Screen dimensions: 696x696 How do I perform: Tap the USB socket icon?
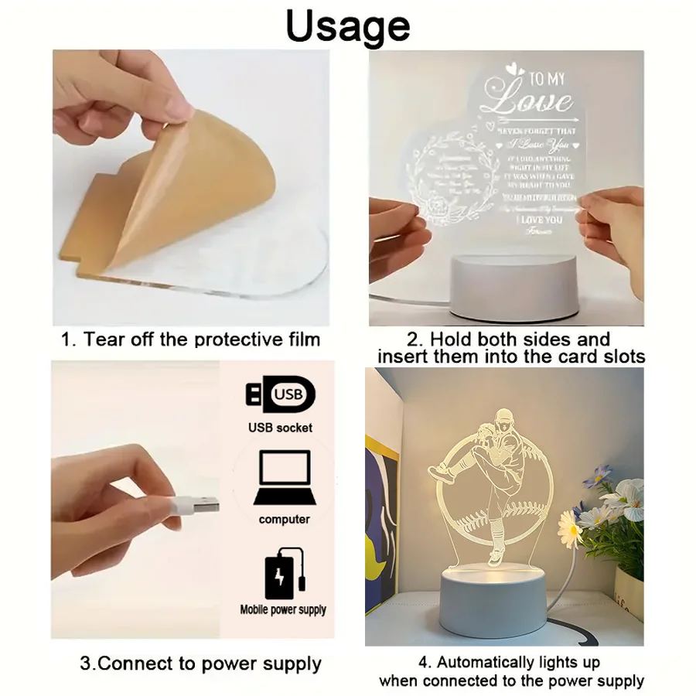pyautogui.click(x=280, y=394)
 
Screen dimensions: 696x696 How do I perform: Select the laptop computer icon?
pyautogui.click(x=284, y=477)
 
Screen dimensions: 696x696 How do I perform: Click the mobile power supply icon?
pyautogui.click(x=285, y=573)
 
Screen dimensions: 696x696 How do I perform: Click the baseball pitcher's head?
pyautogui.click(x=503, y=420)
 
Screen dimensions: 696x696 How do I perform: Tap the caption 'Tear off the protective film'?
pyautogui.click(x=191, y=339)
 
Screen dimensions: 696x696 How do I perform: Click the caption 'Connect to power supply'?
pyautogui.click(x=200, y=664)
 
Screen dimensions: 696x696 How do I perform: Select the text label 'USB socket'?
pyautogui.click(x=280, y=428)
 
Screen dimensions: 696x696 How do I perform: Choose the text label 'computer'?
pyautogui.click(x=284, y=520)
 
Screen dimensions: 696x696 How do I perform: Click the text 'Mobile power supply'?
pyautogui.click(x=283, y=609)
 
